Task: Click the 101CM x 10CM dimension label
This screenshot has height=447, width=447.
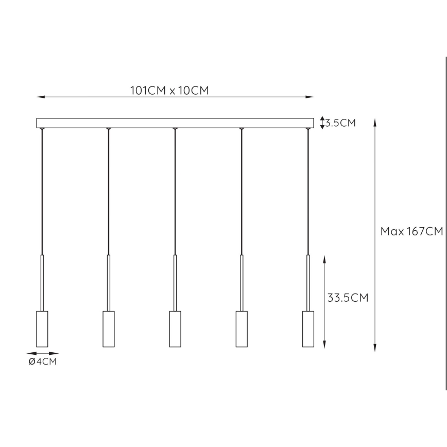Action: click(x=169, y=91)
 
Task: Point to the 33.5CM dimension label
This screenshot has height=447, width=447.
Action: click(x=348, y=298)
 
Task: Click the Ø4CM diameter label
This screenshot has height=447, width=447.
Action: click(x=42, y=362)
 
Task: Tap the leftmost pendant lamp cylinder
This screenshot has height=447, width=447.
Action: click(x=42, y=329)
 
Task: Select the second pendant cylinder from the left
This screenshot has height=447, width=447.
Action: click(x=108, y=329)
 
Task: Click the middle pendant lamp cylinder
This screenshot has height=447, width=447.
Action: click(x=175, y=329)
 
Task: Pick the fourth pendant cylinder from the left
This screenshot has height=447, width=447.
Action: click(x=242, y=329)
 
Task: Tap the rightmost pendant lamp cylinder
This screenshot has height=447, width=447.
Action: click(x=308, y=329)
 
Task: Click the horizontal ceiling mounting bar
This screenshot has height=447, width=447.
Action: click(x=175, y=123)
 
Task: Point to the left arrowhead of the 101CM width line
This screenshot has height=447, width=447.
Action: click(x=39, y=97)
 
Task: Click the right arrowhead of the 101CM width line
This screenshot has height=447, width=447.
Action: click(x=311, y=97)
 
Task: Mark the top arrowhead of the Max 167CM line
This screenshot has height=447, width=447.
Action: click(x=375, y=123)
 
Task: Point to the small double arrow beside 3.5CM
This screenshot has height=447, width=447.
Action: click(x=322, y=123)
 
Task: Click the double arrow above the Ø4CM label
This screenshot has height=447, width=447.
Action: click(x=42, y=353)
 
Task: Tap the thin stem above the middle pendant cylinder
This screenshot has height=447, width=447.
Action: click(x=175, y=283)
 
